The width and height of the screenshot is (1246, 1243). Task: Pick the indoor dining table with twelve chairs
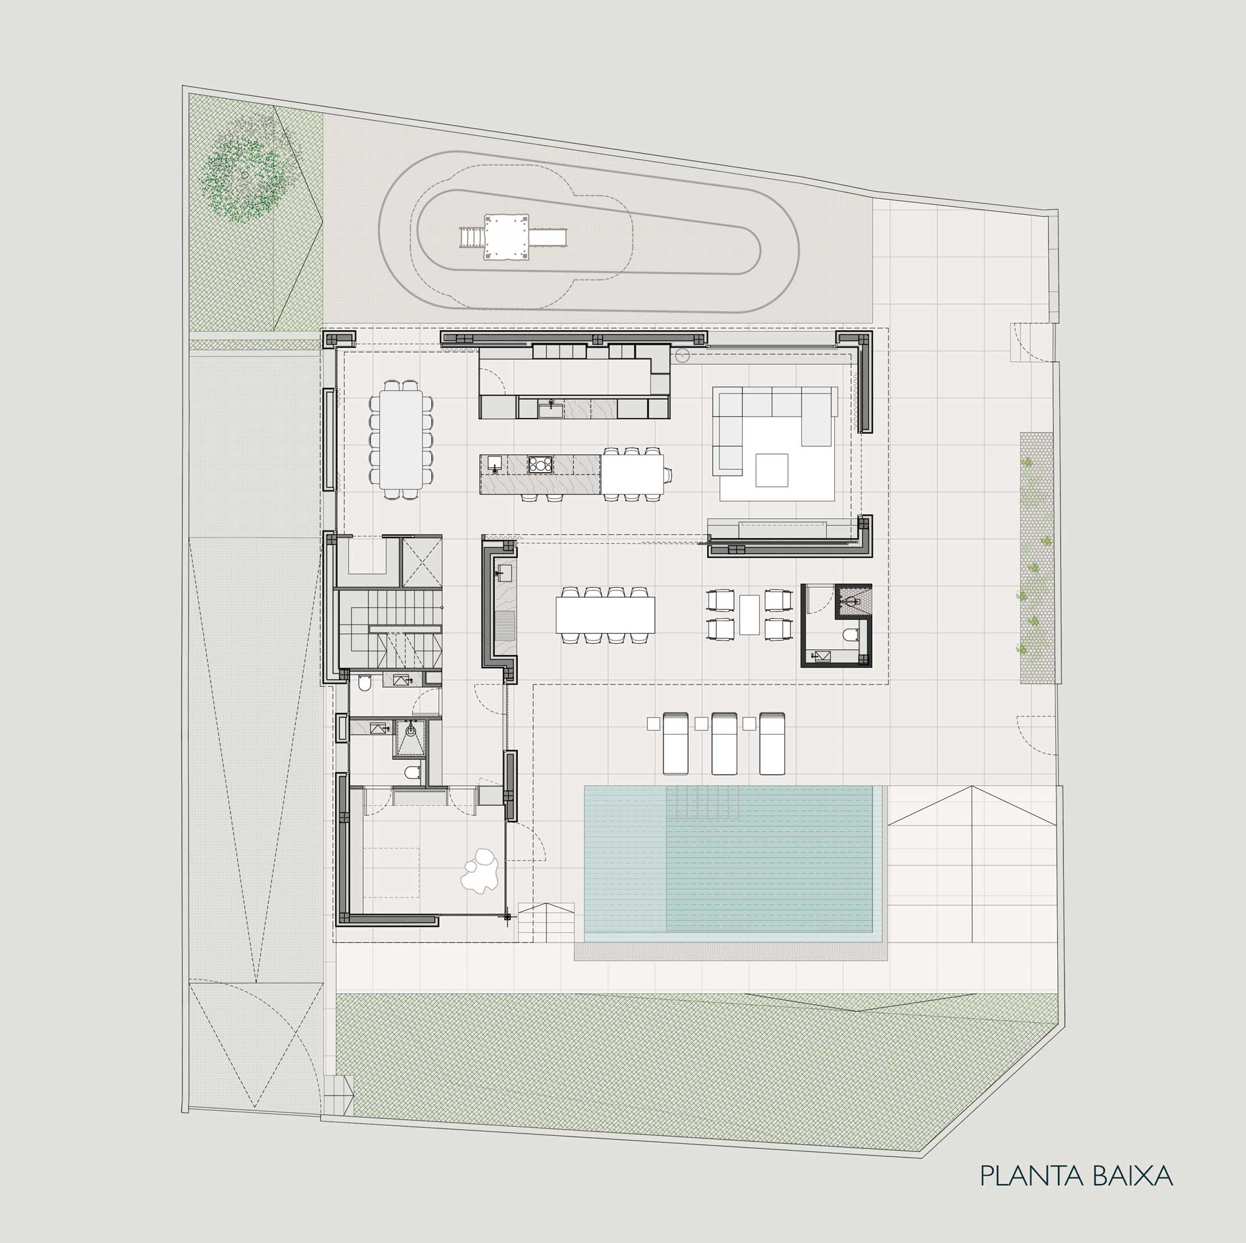[401, 439]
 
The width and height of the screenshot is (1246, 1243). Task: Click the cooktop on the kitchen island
[540, 463]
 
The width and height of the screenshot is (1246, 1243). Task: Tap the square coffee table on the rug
[772, 470]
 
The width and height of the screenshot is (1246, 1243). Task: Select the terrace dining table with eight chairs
[605, 615]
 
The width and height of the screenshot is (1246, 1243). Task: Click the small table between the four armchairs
[750, 615]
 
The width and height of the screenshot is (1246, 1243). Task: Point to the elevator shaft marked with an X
[422, 561]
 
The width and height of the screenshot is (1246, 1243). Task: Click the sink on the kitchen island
[495, 463]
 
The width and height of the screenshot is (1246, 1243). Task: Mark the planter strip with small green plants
[1037, 558]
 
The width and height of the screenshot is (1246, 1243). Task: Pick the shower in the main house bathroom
[410, 737]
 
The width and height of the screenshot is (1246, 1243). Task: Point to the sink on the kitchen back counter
[551, 408]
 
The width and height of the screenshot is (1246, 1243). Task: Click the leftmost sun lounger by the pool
[675, 744]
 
